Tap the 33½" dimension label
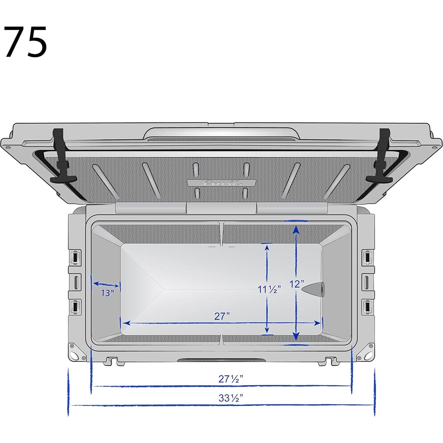(231, 398)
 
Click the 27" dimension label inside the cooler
(222, 316)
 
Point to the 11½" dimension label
(269, 289)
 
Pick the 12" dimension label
(297, 284)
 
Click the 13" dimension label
(107, 293)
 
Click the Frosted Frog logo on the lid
(221, 183)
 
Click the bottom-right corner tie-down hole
(368, 355)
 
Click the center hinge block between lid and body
(221, 208)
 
